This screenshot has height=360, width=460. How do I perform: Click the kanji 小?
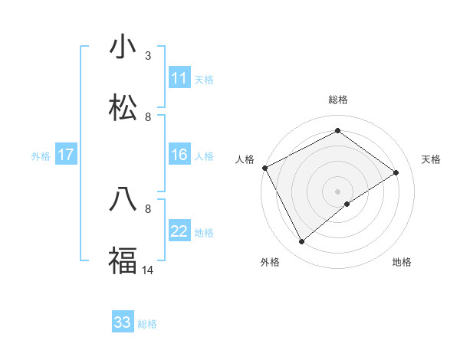(x=123, y=47)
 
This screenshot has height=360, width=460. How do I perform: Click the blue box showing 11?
(x=179, y=78)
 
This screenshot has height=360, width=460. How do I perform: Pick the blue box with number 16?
(x=179, y=155)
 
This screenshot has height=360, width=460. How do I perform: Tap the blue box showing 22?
(x=179, y=231)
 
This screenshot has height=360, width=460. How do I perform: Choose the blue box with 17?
(x=66, y=155)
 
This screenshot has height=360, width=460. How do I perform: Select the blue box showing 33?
(x=123, y=322)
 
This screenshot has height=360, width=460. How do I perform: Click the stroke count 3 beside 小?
(x=148, y=56)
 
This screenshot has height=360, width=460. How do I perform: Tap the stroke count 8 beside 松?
(x=148, y=117)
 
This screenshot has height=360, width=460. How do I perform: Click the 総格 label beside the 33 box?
(x=148, y=324)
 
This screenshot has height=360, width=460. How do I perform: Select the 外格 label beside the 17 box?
(x=41, y=156)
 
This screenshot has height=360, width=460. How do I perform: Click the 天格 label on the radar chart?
(x=432, y=159)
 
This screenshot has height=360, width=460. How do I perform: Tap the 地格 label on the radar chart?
(x=402, y=262)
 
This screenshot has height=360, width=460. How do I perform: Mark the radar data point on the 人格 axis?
(x=264, y=168)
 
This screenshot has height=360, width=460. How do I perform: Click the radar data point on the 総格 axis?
(x=337, y=130)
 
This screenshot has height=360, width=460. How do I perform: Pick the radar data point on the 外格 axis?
(x=301, y=242)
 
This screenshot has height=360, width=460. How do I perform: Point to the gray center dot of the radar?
(x=337, y=191)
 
